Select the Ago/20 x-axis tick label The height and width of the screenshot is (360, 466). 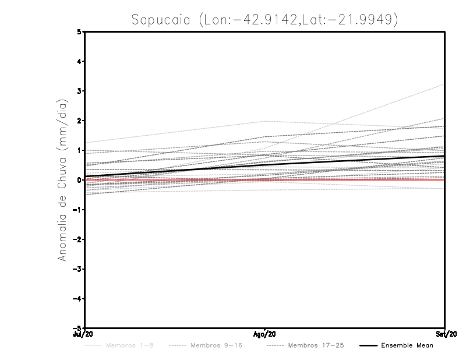[265, 334]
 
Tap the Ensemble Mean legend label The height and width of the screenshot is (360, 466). [407, 345]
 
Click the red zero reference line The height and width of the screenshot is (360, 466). [349, 180]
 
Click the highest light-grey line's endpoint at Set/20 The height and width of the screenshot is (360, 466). [444, 85]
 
